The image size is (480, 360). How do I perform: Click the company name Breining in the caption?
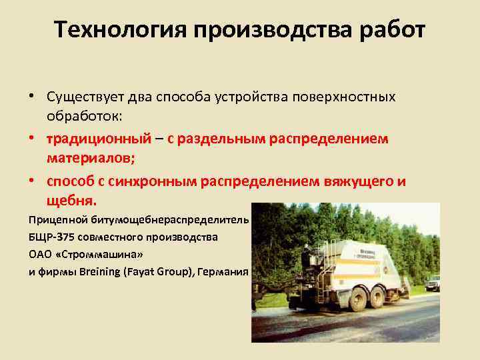tap(98, 272)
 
